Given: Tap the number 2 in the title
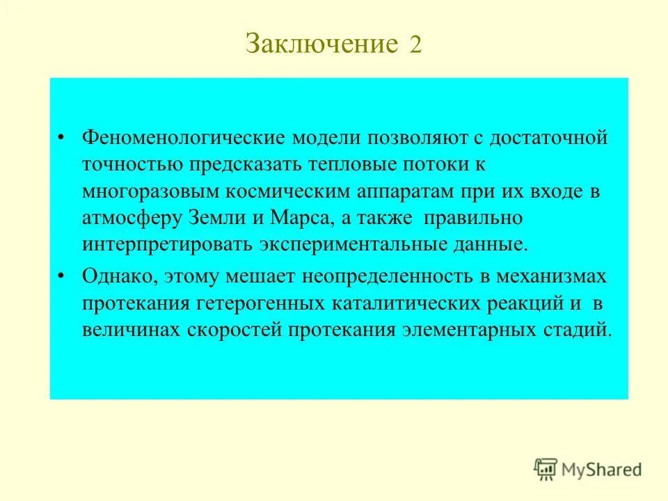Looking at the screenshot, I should tap(415, 45).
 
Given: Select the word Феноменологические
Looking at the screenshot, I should tap(174, 137).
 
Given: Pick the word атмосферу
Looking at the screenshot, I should tap(132, 218).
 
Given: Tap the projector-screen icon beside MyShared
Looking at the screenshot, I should tap(547, 470).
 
